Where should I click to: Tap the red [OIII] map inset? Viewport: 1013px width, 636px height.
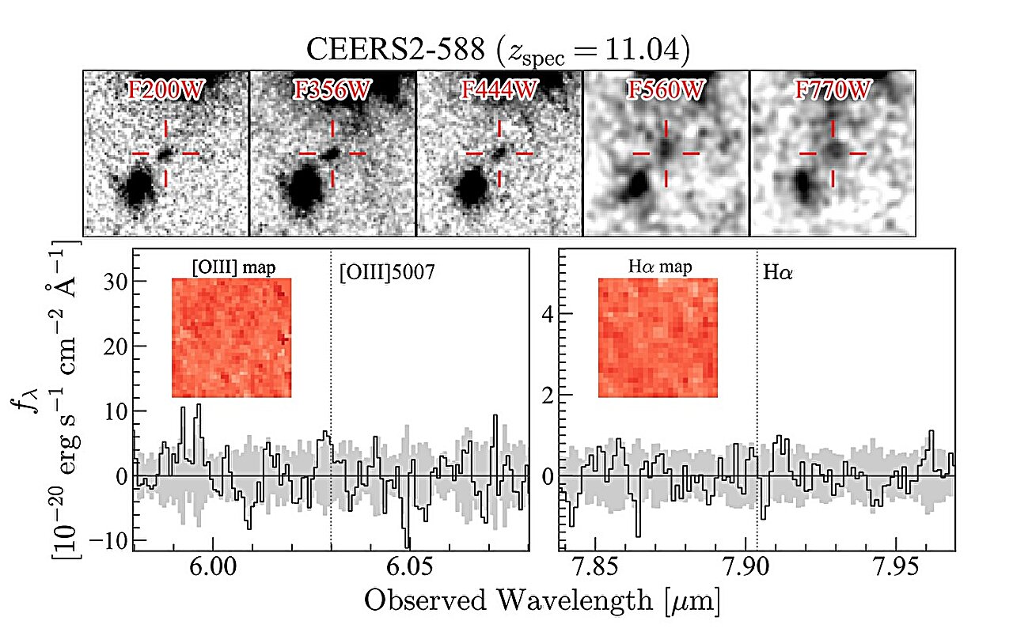(232, 338)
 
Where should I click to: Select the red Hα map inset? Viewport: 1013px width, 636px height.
(658, 338)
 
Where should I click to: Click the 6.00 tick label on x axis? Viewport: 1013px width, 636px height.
(213, 571)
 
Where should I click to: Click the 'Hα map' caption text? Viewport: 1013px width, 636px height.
(656, 267)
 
